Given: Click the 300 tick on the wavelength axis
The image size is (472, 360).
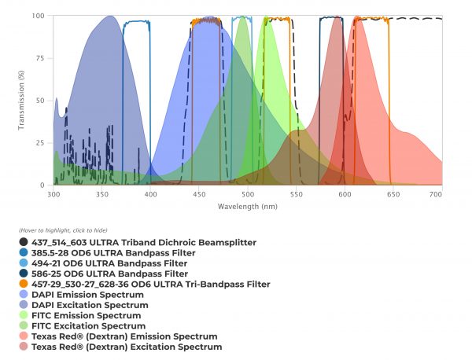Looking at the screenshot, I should click(53, 193).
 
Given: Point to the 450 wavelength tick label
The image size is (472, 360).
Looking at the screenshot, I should click(199, 193).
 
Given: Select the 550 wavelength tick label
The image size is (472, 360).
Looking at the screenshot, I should click(297, 193).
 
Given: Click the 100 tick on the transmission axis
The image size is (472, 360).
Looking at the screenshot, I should click(39, 16).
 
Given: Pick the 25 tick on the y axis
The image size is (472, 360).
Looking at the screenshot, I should click(41, 143).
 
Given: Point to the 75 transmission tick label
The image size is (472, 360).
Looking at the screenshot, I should click(41, 58).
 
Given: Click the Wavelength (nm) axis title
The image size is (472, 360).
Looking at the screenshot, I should click(248, 206).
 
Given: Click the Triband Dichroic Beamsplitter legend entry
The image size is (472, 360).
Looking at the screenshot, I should click(144, 243).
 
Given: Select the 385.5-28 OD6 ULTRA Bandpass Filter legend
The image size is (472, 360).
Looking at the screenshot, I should click(114, 253).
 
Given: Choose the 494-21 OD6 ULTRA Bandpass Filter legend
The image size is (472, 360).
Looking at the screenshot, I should click(111, 263).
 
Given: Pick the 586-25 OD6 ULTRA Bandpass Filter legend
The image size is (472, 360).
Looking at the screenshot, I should click(111, 274).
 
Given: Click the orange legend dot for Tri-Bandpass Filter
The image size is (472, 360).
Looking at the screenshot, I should click(24, 284).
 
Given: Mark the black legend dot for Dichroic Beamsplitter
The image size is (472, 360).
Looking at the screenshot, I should click(24, 243).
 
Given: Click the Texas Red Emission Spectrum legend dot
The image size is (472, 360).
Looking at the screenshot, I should click(24, 336).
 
